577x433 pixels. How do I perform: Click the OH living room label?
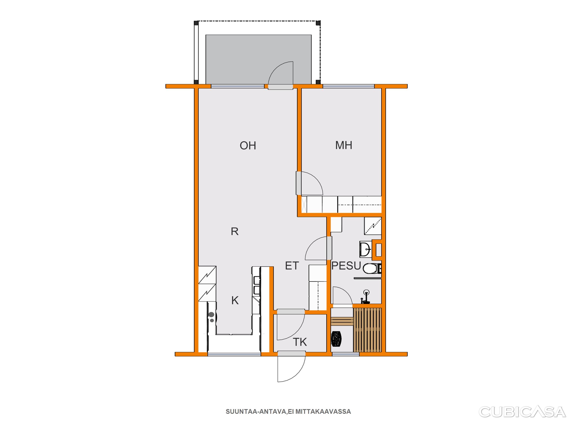(248, 146)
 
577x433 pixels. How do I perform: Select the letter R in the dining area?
(235, 232)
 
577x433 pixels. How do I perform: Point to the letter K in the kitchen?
(235, 301)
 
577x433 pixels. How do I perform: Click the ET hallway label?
(292, 266)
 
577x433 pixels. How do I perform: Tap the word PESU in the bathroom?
(346, 266)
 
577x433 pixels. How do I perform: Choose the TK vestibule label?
(300, 342)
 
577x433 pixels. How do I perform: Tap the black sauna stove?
(336, 339)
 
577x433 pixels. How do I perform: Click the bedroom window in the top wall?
(349, 86)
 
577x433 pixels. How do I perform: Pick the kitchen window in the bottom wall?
(234, 354)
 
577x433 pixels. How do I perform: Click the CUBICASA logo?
(522, 412)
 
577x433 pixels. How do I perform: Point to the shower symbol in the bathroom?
(373, 226)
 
